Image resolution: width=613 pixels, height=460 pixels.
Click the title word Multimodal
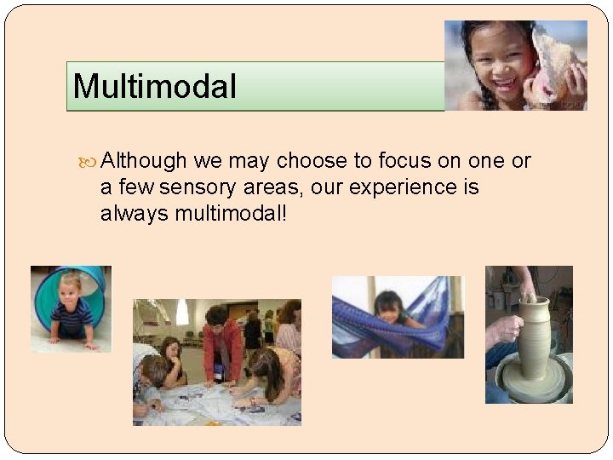click(154, 86)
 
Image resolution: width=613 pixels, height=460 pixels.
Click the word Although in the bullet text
click(144, 161)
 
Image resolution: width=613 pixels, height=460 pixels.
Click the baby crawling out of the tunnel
click(72, 311)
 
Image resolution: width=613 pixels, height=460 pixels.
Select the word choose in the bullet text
click(312, 161)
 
